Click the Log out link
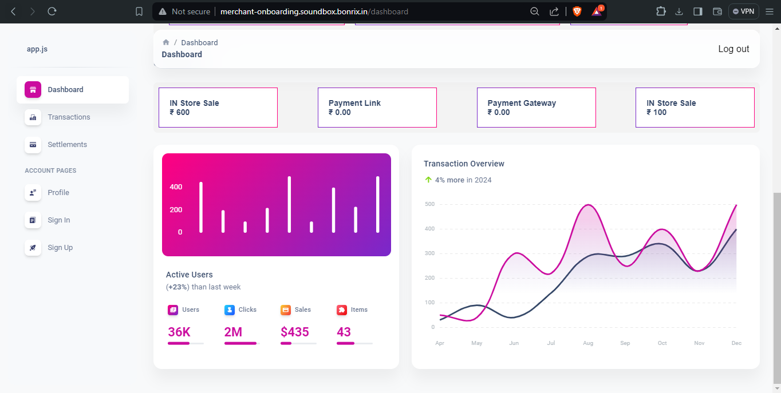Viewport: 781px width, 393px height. point(733,49)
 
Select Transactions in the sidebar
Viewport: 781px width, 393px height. point(69,117)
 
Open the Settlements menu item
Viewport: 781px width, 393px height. point(67,145)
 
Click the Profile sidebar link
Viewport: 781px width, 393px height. point(58,193)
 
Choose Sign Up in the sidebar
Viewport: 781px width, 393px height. point(60,248)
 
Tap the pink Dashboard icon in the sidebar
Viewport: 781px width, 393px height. point(33,90)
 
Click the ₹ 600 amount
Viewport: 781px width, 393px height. point(179,113)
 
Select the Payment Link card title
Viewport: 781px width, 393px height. point(354,103)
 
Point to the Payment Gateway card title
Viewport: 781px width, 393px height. point(522,103)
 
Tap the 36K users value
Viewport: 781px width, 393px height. point(179,332)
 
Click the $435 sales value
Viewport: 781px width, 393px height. point(295,332)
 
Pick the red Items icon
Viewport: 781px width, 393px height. point(342,309)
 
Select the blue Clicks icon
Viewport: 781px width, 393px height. point(230,309)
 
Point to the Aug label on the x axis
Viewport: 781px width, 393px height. point(588,343)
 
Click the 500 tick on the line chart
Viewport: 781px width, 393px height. point(429,204)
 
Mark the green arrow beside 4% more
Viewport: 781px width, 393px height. point(428,180)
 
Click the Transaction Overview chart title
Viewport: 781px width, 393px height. point(464,164)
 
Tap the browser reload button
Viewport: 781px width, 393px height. point(52,11)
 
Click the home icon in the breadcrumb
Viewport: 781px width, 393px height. point(166,42)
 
